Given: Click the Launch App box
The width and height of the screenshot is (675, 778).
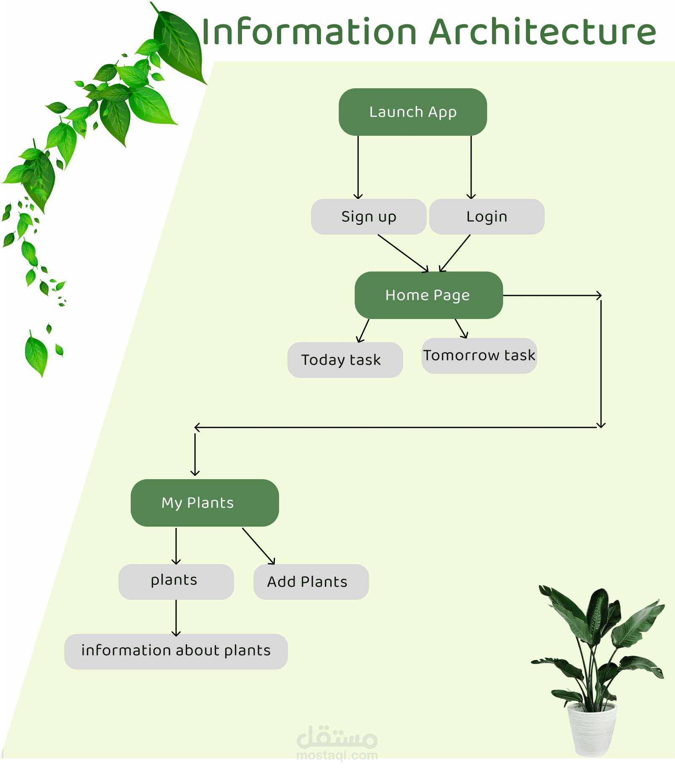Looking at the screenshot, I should pos(413,112).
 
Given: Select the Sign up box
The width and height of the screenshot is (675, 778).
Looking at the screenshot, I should pos(369,216).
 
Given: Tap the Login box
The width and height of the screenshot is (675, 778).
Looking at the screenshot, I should pos(487,216).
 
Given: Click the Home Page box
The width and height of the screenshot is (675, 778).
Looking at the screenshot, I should pos(428,295).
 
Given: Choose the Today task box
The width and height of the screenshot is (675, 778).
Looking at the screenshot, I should pos(345,360).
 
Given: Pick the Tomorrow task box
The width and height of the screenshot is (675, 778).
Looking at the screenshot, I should pos(479,356).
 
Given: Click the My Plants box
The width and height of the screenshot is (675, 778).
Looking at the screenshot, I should pos(205,503).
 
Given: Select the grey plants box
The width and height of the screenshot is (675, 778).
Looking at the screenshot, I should pos(176,582).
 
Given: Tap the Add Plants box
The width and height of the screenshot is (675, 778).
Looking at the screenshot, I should pos(311,582).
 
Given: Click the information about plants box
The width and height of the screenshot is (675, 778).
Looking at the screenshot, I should pos(176,651).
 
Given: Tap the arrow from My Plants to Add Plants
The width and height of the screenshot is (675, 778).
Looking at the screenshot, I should pos(258,546).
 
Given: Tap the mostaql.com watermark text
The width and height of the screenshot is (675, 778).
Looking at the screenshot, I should pos(337,755).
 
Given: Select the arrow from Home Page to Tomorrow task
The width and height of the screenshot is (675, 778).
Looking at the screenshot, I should pos(461,328).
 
